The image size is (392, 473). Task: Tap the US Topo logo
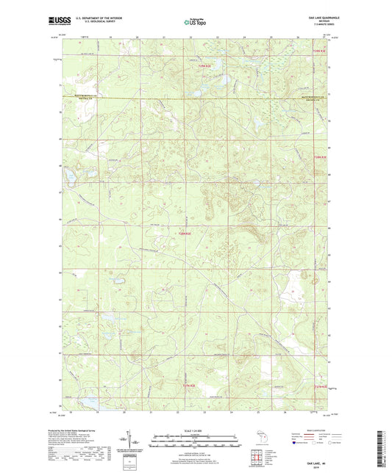[x=196, y=23]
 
